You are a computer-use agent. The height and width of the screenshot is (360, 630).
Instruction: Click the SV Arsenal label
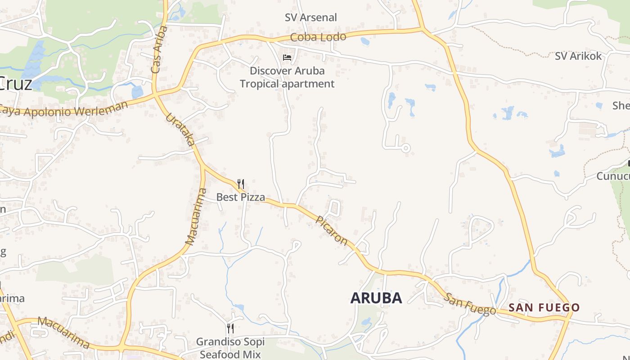310,18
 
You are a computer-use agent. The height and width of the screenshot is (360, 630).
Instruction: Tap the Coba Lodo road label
318,37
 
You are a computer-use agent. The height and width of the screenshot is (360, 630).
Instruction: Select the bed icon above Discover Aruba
287,58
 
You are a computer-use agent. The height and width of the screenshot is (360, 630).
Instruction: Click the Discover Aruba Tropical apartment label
287,77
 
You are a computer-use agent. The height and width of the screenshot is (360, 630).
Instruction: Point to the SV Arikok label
578,56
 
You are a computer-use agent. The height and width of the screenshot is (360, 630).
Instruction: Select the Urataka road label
180,130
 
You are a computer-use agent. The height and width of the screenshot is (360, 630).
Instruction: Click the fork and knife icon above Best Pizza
241,184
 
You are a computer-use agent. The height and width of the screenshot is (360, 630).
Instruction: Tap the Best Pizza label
240,197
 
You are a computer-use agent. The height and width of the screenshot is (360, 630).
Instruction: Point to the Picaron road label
332,231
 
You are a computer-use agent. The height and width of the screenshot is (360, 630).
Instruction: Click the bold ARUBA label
376,298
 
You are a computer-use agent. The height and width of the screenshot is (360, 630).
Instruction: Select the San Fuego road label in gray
470,304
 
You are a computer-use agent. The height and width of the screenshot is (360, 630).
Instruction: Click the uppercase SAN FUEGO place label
544,308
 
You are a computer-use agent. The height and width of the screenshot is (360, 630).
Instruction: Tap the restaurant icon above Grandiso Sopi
230,328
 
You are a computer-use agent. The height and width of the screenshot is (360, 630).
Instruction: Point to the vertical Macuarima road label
196,217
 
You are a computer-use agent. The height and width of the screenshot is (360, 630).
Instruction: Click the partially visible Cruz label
16,84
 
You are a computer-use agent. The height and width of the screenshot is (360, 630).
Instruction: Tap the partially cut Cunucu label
613,176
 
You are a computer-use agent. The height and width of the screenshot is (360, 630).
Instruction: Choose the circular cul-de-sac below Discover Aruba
405,148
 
